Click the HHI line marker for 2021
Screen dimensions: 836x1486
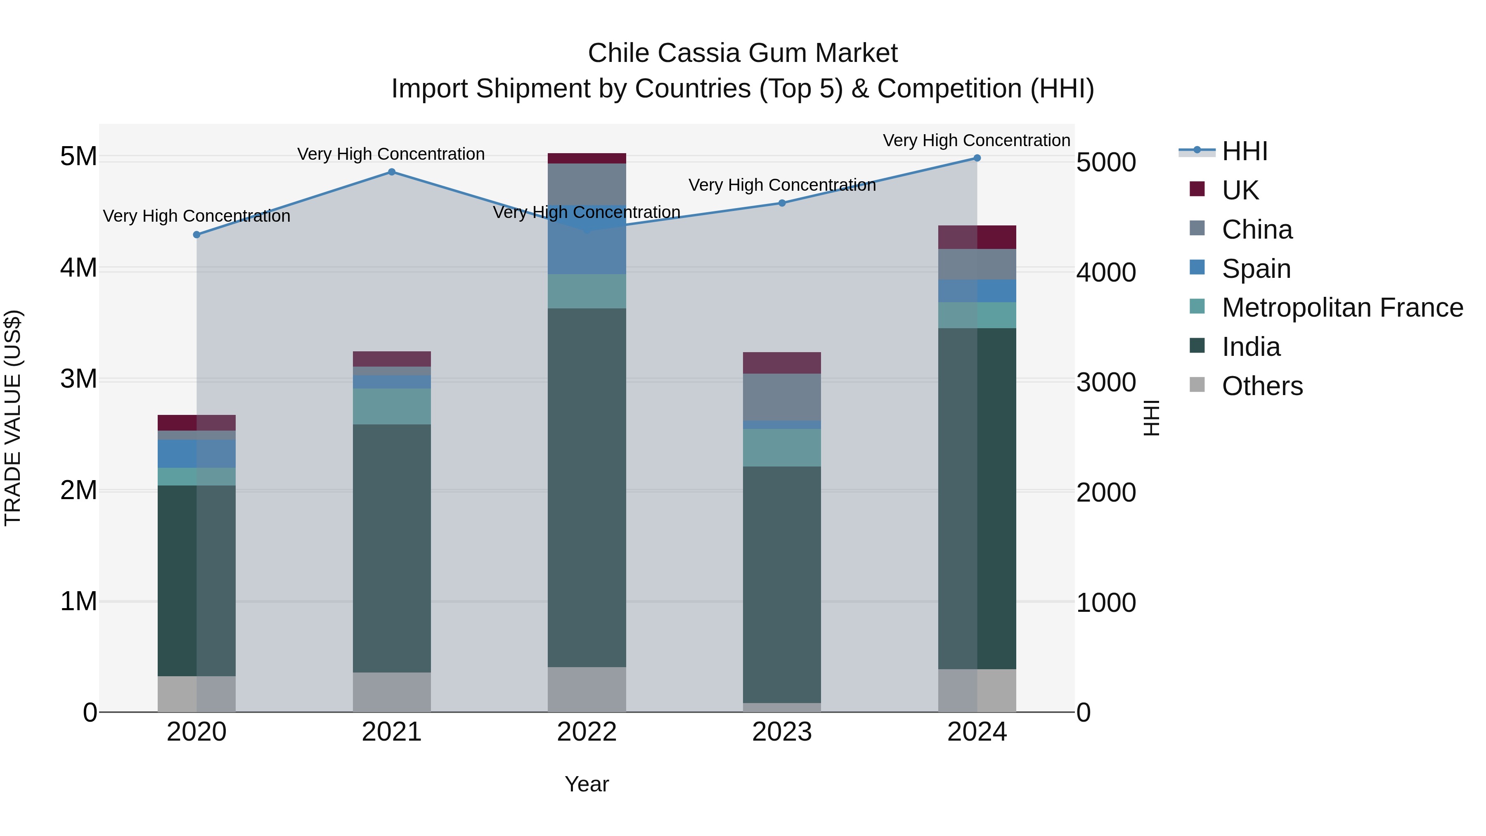tap(392, 172)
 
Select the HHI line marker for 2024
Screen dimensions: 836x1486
tap(977, 158)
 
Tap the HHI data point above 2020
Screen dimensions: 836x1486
tap(197, 235)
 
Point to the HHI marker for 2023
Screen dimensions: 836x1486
tap(782, 203)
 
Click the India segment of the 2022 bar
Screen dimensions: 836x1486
tap(587, 488)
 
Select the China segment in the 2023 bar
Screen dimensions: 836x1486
tap(782, 397)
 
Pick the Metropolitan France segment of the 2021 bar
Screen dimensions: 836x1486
tap(392, 407)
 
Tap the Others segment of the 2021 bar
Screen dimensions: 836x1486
tap(392, 692)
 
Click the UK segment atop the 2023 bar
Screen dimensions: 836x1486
tap(782, 363)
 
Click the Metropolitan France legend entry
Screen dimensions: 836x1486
tap(1342, 308)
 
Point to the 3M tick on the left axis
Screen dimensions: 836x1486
tap(78, 379)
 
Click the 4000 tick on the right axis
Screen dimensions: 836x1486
tap(1106, 272)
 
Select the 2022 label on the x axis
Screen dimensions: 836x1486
tap(587, 732)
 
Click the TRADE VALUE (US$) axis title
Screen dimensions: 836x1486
tap(13, 418)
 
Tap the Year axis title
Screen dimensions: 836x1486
tap(587, 784)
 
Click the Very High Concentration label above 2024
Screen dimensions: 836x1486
tap(976, 141)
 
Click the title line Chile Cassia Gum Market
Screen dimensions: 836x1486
tap(743, 53)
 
